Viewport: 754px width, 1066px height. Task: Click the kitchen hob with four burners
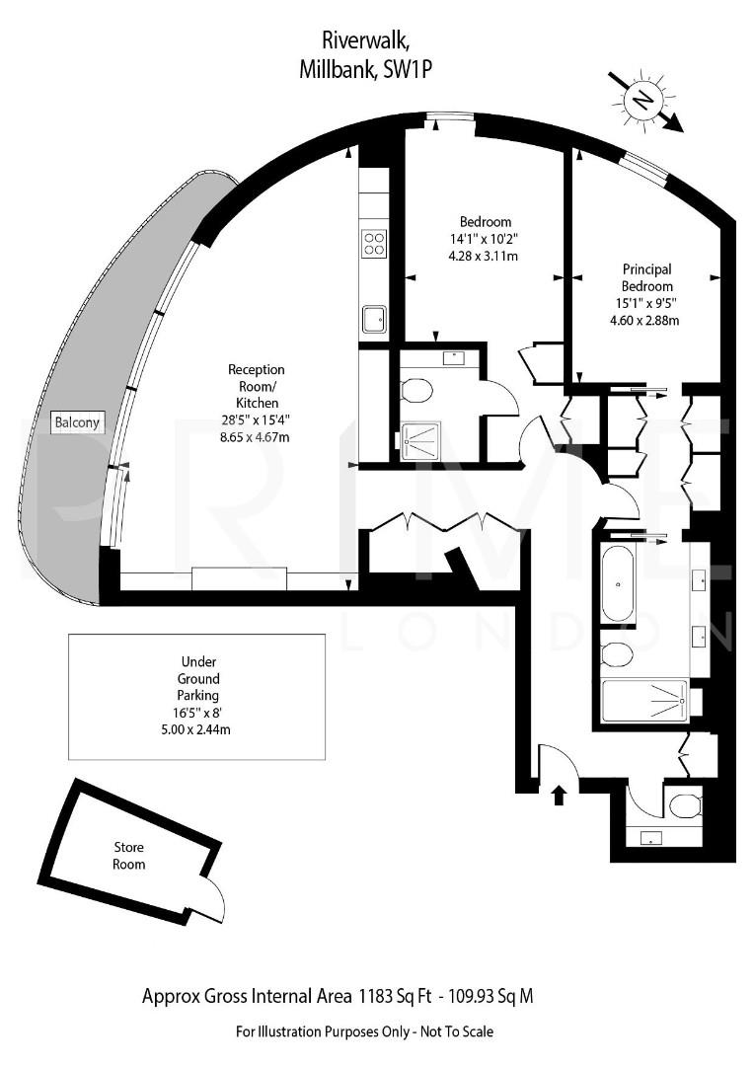click(374, 243)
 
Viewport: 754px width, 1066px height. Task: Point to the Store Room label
click(129, 856)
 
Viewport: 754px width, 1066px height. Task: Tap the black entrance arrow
click(559, 794)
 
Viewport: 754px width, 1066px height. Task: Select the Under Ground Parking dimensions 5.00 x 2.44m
click(198, 730)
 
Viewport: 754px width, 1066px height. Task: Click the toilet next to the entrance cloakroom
click(683, 807)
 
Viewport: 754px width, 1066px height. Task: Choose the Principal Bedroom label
click(646, 277)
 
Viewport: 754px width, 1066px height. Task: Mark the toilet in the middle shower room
click(417, 392)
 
